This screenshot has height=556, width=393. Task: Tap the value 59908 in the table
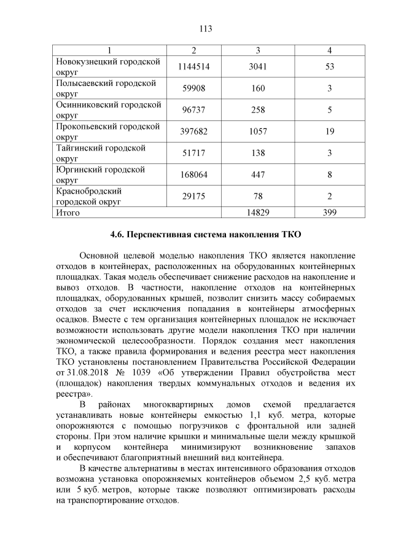click(x=193, y=88)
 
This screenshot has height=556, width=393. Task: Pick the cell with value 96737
click(x=193, y=110)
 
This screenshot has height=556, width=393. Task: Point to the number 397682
click(x=193, y=131)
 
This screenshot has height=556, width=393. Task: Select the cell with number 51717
click(x=193, y=153)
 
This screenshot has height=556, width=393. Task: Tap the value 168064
click(x=193, y=174)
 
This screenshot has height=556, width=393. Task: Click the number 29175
click(x=193, y=196)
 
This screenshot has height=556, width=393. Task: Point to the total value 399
click(x=330, y=213)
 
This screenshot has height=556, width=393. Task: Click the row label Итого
click(x=68, y=213)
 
